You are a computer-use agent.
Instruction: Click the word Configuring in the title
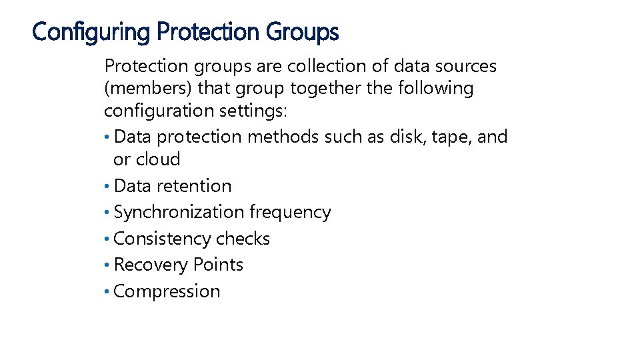pyautogui.click(x=91, y=31)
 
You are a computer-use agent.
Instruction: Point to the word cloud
pyautogui.click(x=157, y=159)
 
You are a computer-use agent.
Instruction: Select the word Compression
pyautogui.click(x=167, y=291)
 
